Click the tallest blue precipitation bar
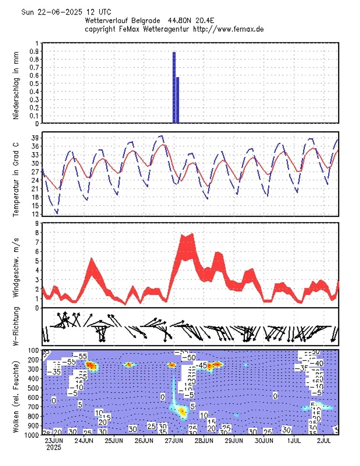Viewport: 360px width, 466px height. click(174, 88)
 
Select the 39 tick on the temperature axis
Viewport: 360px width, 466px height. click(35, 138)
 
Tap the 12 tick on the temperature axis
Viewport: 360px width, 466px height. click(35, 214)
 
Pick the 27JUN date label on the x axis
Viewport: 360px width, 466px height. click(174, 441)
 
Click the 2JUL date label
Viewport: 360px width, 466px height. click(324, 441)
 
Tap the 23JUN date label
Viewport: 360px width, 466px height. click(54, 441)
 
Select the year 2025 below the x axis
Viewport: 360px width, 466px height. click(54, 448)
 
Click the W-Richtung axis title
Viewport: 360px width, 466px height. click(16, 326)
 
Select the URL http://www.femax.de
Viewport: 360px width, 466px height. click(229, 29)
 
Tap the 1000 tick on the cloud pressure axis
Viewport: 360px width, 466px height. click(32, 435)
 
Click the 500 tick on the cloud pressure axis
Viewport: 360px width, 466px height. click(33, 388)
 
